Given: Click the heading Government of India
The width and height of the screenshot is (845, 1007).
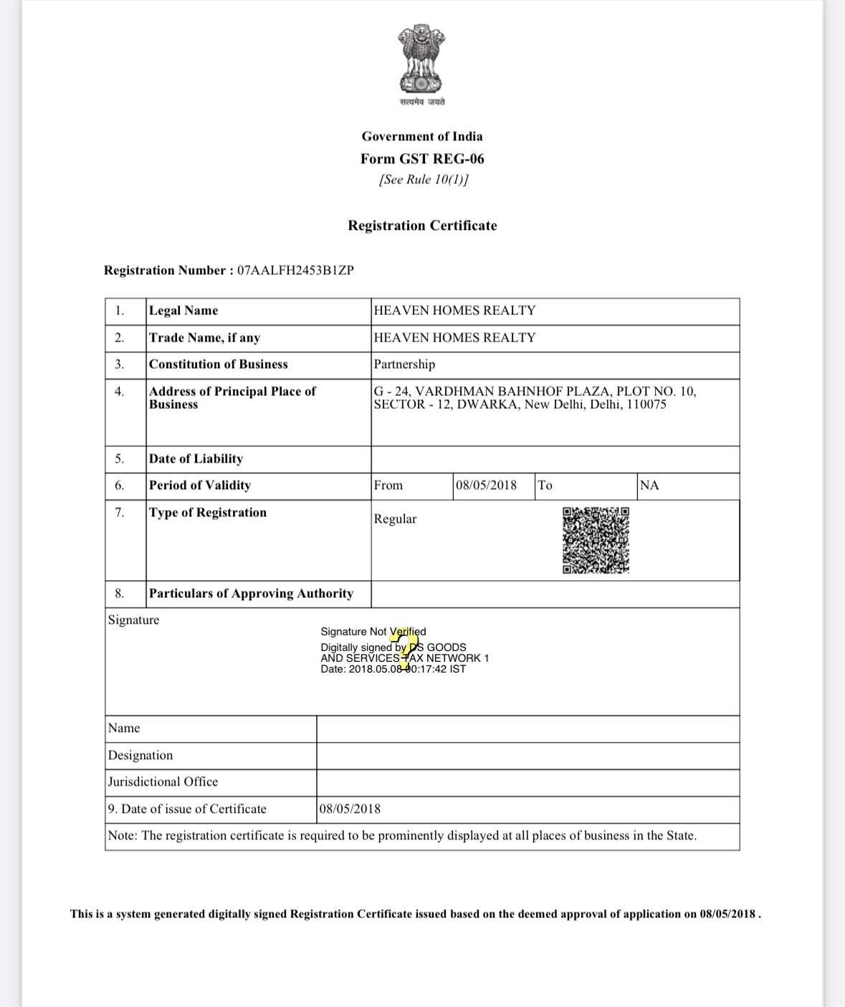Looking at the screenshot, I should click(422, 136).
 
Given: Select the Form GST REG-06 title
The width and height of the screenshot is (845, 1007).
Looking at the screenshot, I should click(422, 158).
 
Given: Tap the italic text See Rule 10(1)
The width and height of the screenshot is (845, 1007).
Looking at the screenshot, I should click(423, 179).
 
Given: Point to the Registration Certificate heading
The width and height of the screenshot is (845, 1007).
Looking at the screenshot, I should click(422, 226).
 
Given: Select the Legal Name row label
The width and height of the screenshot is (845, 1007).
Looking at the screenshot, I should click(183, 310).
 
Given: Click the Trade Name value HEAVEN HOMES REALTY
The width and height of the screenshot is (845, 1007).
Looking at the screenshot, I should click(454, 337).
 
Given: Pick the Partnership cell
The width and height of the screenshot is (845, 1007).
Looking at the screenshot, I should click(404, 364).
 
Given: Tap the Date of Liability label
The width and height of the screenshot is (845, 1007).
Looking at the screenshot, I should click(196, 458).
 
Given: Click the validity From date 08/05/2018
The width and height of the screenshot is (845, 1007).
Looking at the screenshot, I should click(486, 485).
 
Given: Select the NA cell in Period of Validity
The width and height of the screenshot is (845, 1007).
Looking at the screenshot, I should click(649, 485).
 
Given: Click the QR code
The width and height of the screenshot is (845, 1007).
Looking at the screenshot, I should click(596, 540).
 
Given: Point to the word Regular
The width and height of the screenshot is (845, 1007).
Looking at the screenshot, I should click(395, 519).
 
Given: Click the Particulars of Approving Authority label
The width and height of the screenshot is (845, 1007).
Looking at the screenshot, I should click(251, 593).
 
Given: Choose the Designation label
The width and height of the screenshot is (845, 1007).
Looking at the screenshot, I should click(140, 755).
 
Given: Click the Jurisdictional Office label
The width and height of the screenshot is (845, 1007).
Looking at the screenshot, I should click(163, 781).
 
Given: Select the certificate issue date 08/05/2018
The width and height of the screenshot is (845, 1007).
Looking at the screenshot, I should click(350, 809).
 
